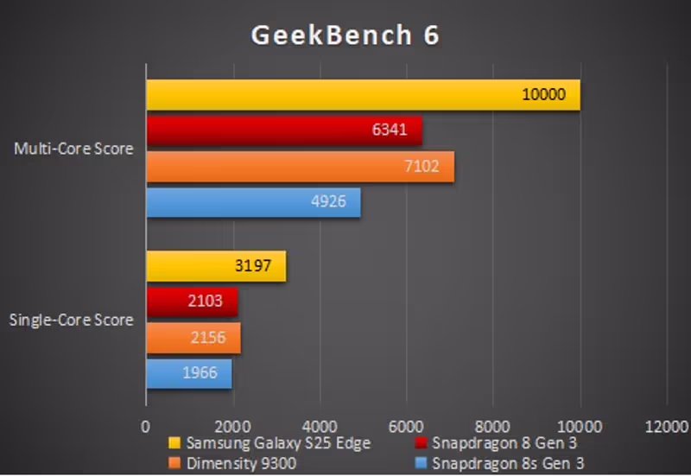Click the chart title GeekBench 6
345,35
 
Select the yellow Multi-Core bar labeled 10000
363,95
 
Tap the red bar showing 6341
283,130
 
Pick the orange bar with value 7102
300,166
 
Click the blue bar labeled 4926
253,202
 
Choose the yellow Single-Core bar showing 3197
216,266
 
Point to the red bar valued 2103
192,301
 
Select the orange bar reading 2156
193,337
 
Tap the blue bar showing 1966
189,373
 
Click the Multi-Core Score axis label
74,149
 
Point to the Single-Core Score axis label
72,321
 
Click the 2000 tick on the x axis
232,426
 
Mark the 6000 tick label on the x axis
406,426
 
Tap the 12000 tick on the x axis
666,426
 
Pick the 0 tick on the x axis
146,426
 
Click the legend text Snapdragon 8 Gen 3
504,443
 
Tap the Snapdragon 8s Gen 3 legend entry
507,463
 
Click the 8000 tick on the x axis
492,426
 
